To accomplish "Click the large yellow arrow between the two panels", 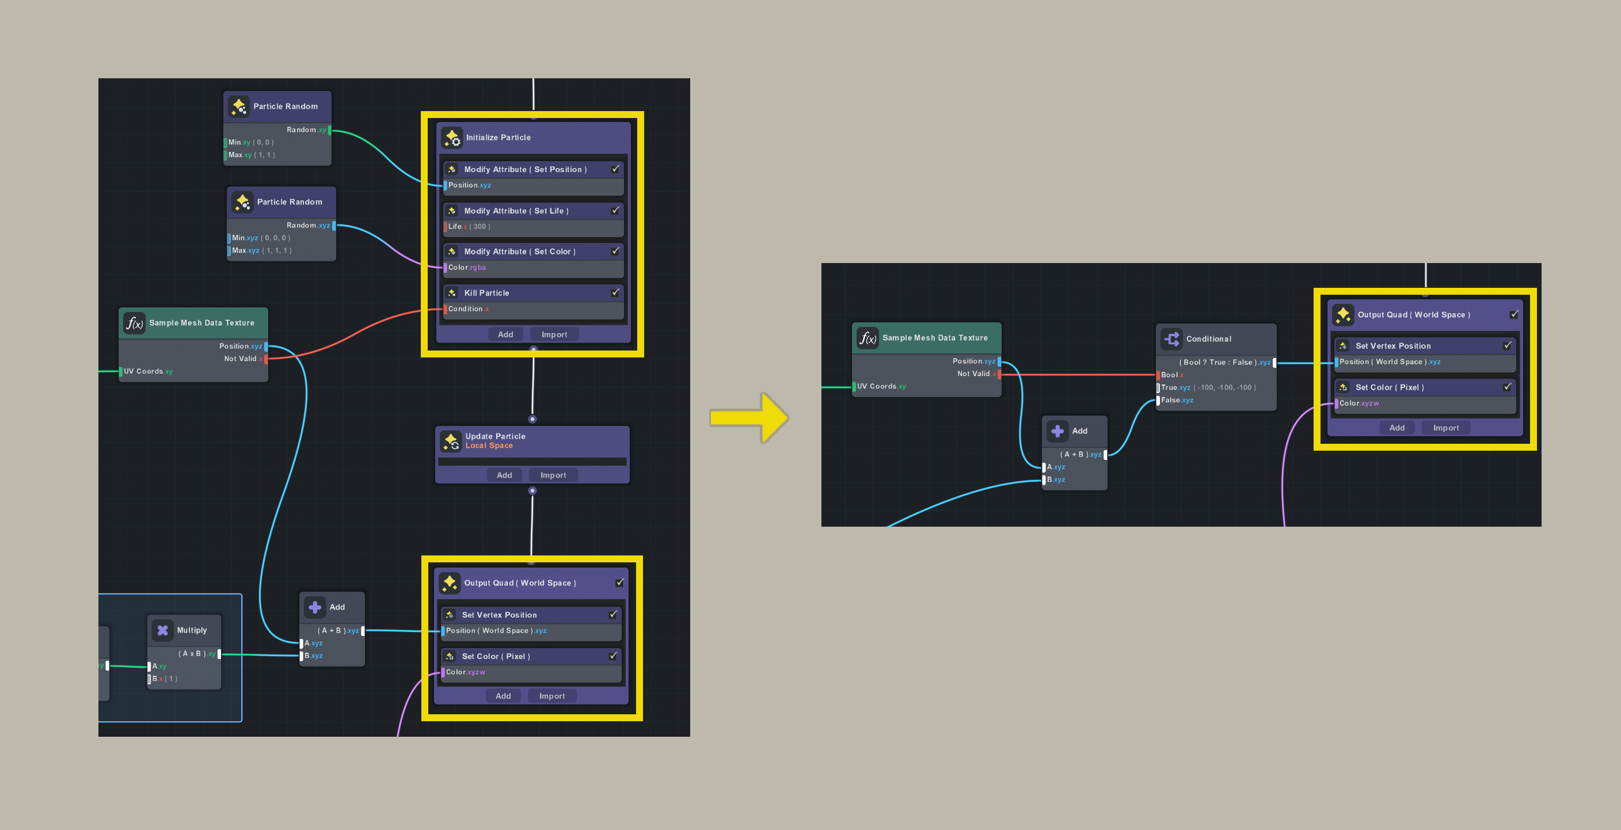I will pos(749,417).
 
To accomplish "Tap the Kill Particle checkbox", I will pos(615,292).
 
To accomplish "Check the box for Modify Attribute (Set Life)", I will pos(615,211).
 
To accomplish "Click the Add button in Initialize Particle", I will pos(505,334).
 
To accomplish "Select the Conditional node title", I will pos(1208,338).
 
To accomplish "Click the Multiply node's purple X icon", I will pos(162,630).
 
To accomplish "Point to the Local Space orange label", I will pos(489,446).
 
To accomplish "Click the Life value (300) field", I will pos(480,227).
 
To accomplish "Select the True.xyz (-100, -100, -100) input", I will pos(1208,387).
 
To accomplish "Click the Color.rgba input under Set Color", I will pos(467,268).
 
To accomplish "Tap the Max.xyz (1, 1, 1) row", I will pos(261,250).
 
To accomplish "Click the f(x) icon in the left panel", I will pos(135,323).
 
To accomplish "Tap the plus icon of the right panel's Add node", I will pos(1057,431).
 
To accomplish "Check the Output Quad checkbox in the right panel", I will pos(1513,315).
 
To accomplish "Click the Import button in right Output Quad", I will pos(1445,428).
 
